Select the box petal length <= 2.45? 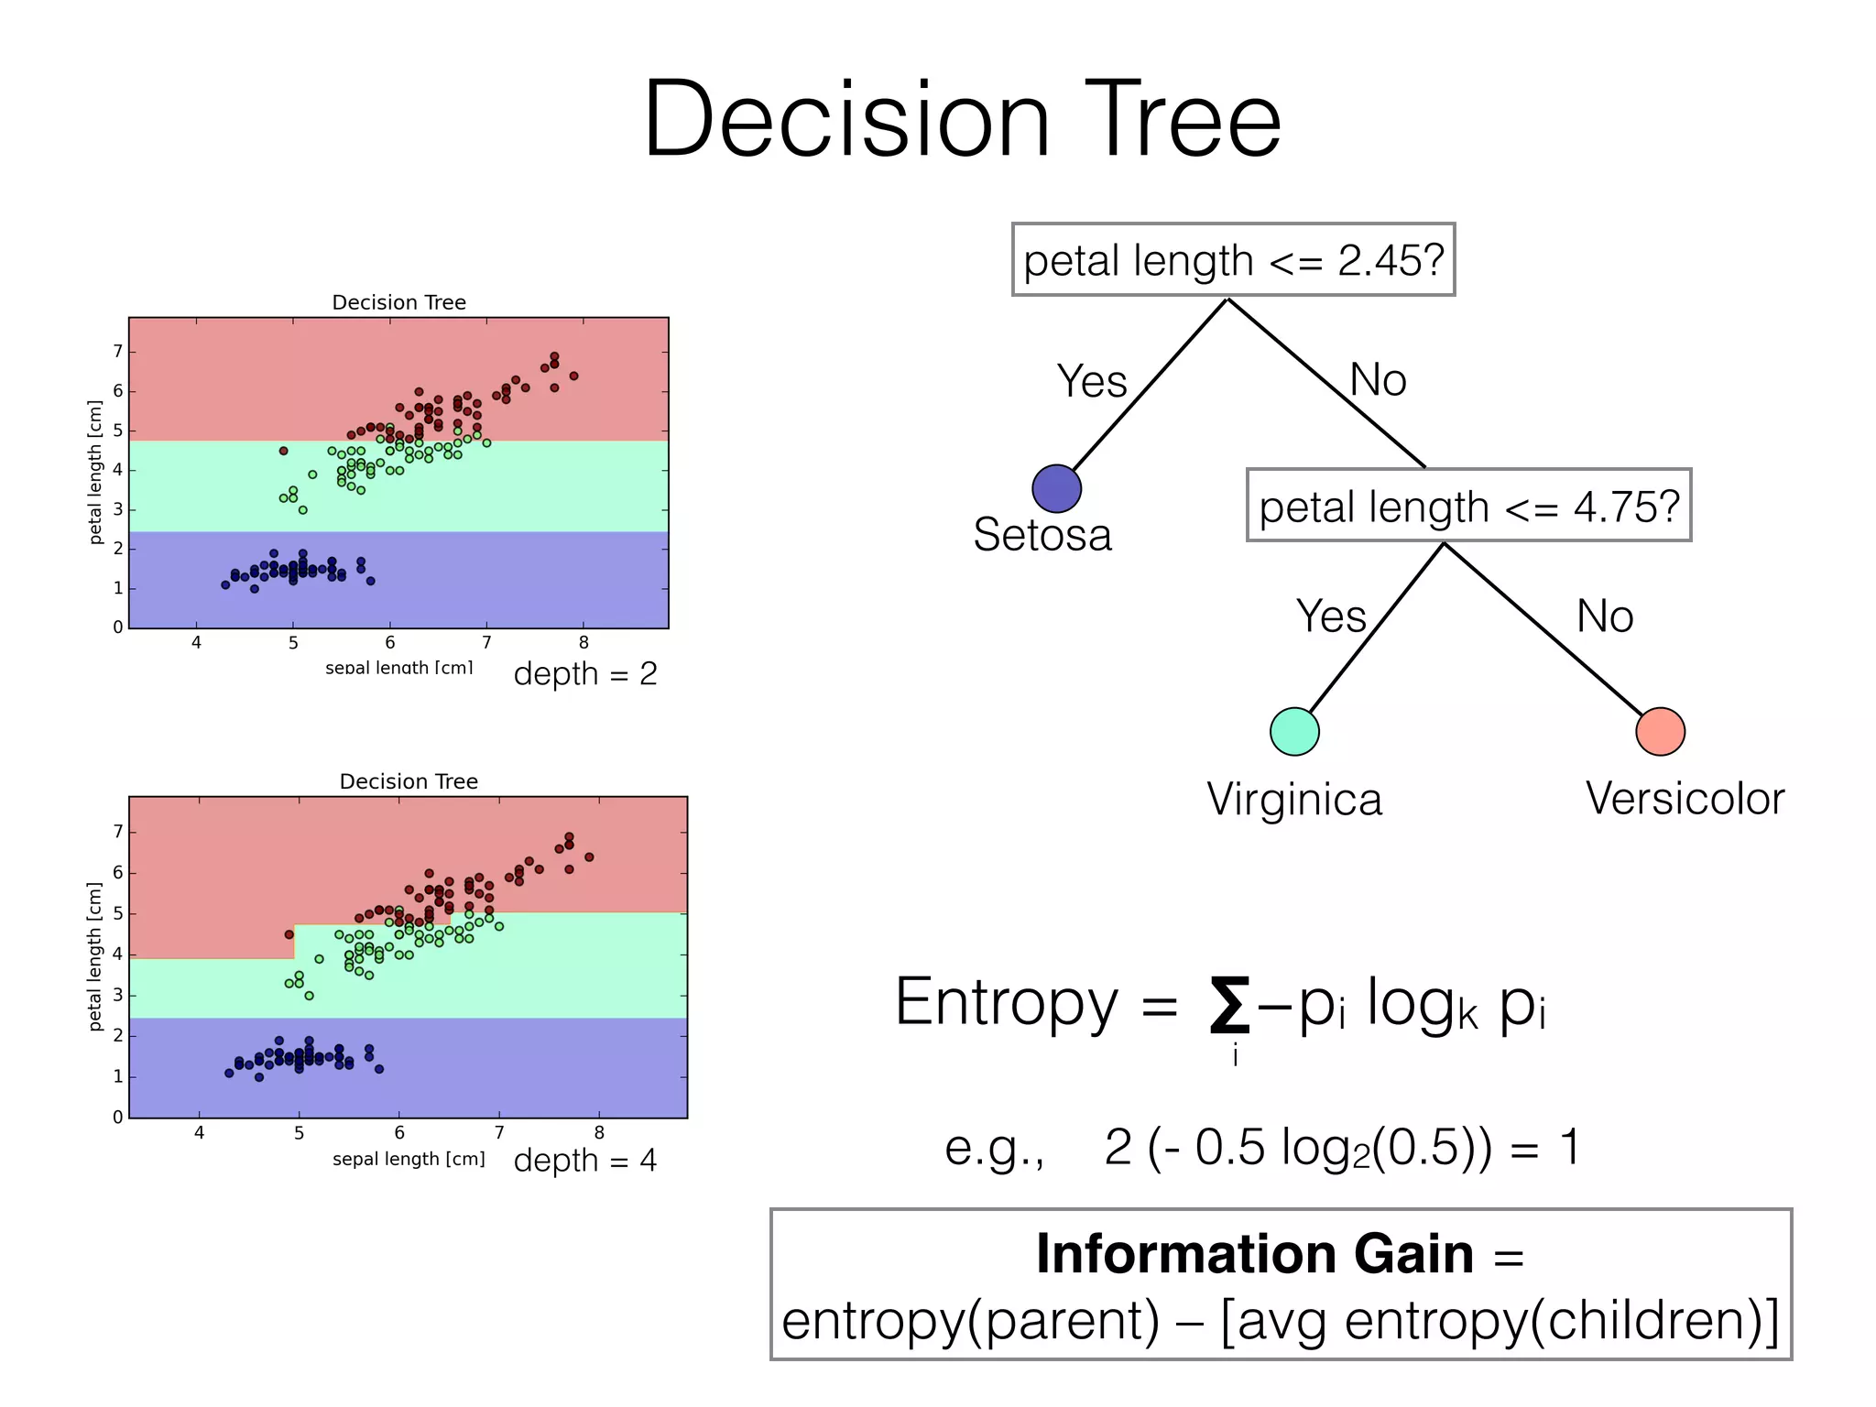(1233, 260)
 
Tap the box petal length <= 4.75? (1468, 507)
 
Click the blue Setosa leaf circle (1056, 488)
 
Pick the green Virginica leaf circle (1294, 731)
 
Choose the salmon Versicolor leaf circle (1660, 731)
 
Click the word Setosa (1042, 535)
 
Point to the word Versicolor (1685, 799)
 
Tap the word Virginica (1293, 800)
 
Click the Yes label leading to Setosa (1091, 381)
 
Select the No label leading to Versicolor (1605, 616)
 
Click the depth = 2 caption (585, 674)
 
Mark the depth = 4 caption (585, 1161)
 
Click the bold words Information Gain (1254, 1254)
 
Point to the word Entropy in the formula (1007, 1002)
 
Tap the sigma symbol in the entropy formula (1229, 1005)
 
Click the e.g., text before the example (994, 1148)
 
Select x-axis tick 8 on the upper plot (584, 643)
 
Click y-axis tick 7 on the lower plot (117, 832)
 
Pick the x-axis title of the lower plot (409, 1159)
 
